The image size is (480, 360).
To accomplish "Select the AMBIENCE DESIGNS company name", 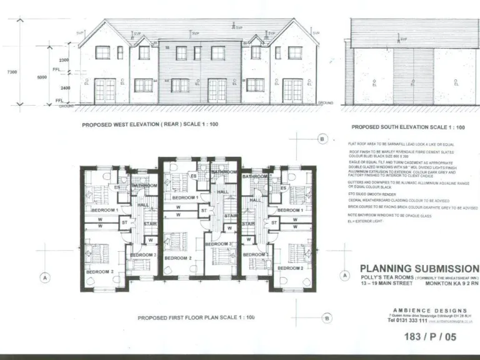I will (x=430, y=311).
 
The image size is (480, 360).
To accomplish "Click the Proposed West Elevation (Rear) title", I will (x=150, y=125).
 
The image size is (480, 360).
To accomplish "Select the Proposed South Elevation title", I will (x=409, y=127).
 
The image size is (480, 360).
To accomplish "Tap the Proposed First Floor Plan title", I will (x=196, y=317).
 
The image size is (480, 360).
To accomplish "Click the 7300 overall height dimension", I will (x=11, y=72).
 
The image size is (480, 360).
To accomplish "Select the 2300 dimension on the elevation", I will (x=64, y=59).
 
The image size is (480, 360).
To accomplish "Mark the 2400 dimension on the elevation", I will (x=64, y=89).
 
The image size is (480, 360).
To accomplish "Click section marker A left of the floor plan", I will (x=44, y=277).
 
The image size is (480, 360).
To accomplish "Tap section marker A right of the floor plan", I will (x=344, y=276).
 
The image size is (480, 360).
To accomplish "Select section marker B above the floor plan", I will (x=322, y=139).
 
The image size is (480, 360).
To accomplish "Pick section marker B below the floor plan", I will (x=328, y=318).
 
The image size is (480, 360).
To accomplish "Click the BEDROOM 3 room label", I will (x=219, y=244).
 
